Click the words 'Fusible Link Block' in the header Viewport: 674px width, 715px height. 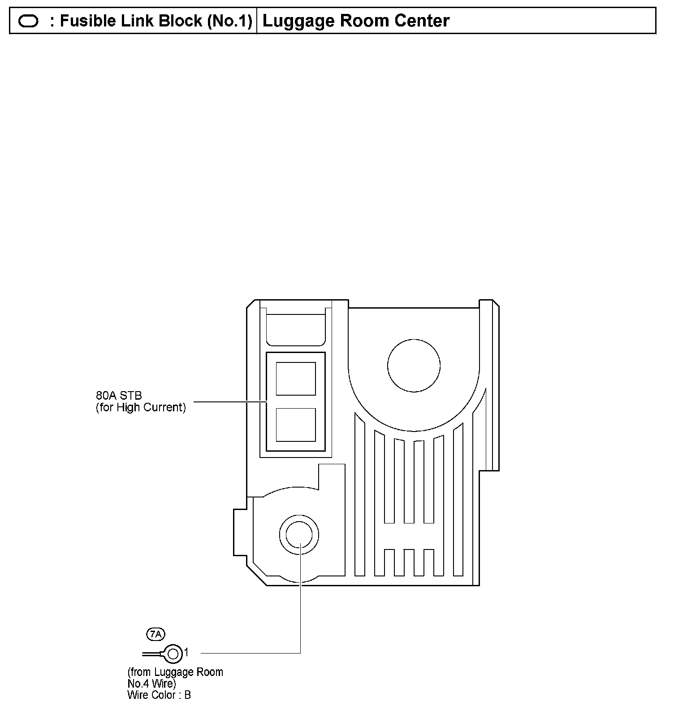pyautogui.click(x=131, y=21)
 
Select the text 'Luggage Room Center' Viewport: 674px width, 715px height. pyautogui.click(x=356, y=21)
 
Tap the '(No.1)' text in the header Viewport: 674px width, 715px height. pyautogui.click(x=230, y=21)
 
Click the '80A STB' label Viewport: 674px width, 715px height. pyautogui.click(x=119, y=395)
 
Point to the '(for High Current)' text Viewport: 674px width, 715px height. pyautogui.click(x=141, y=407)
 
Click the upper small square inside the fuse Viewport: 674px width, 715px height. pyautogui.click(x=296, y=379)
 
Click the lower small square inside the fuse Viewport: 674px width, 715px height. pyautogui.click(x=296, y=424)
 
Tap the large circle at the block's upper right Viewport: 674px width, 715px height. pyautogui.click(x=414, y=366)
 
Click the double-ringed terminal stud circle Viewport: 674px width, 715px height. pyautogui.click(x=299, y=535)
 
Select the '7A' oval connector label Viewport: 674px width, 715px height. pyautogui.click(x=156, y=634)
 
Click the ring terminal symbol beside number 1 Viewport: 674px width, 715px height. pyautogui.click(x=173, y=653)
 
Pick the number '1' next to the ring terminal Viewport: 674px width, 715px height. pyautogui.click(x=187, y=652)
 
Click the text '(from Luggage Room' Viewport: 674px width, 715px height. pyautogui.click(x=175, y=672)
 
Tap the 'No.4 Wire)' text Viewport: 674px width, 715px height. pyautogui.click(x=151, y=684)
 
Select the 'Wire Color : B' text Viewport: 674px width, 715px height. pyautogui.click(x=159, y=695)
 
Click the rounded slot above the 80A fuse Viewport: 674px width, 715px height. pyautogui.click(x=296, y=330)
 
